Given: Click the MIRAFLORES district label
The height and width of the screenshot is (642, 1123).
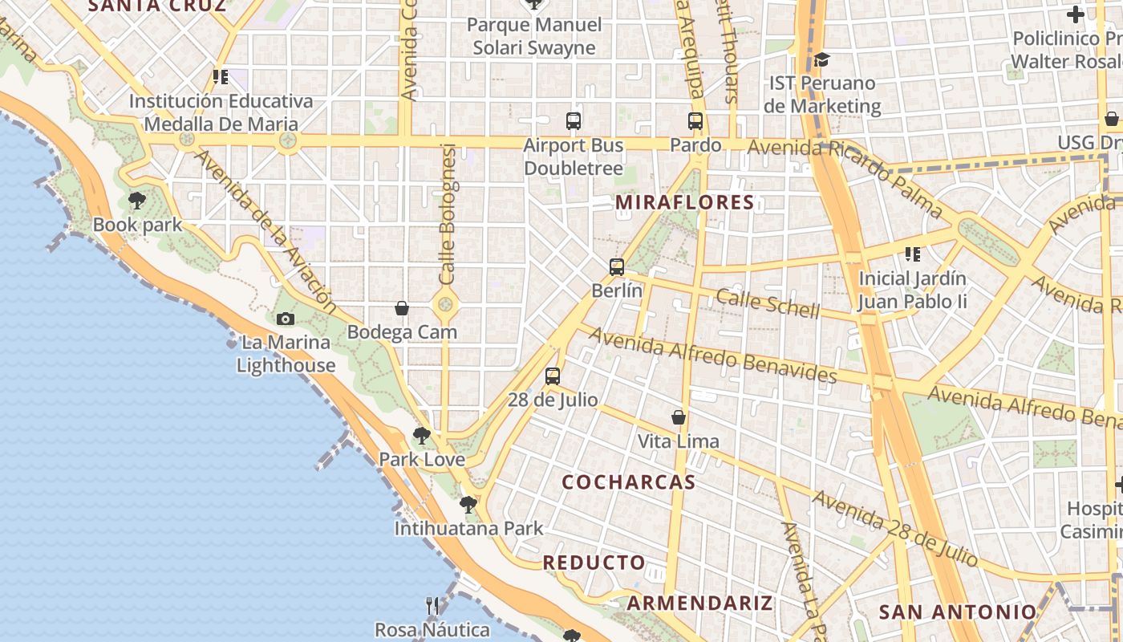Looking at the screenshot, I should click(x=685, y=202).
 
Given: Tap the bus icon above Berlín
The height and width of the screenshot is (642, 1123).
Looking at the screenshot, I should click(x=616, y=267).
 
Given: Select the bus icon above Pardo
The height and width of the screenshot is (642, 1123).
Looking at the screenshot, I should click(x=695, y=121).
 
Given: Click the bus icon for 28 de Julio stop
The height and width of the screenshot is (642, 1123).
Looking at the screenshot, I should click(x=552, y=376).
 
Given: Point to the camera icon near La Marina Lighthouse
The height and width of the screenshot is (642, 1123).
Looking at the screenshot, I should click(x=285, y=319).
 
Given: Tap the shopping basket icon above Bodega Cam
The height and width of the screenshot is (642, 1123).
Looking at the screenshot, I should click(x=402, y=308).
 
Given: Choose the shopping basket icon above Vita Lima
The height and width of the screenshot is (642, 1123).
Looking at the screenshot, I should click(x=679, y=417).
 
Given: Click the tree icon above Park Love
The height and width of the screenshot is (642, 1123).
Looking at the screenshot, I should click(x=421, y=436).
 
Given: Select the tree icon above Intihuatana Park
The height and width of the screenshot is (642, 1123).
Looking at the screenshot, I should click(x=468, y=505).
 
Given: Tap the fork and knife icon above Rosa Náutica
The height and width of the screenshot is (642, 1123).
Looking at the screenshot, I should click(x=432, y=605).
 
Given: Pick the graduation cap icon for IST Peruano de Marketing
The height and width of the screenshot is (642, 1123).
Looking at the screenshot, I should click(x=821, y=59).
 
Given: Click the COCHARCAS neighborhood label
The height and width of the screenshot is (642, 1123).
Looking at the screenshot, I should click(x=628, y=482).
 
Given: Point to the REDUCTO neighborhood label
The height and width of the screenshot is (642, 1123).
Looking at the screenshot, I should click(x=594, y=563).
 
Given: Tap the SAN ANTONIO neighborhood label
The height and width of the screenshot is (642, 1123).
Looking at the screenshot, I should click(x=958, y=612).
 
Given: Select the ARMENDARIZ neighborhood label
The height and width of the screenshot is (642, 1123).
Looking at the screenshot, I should click(x=699, y=603).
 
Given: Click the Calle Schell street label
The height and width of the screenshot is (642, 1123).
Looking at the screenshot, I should click(x=768, y=303).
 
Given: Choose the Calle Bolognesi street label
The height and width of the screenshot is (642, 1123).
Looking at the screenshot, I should click(x=448, y=213).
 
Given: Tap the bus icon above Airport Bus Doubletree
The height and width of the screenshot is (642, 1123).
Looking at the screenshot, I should click(x=573, y=121).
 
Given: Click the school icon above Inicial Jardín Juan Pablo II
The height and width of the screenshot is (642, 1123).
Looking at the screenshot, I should click(x=912, y=254).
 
